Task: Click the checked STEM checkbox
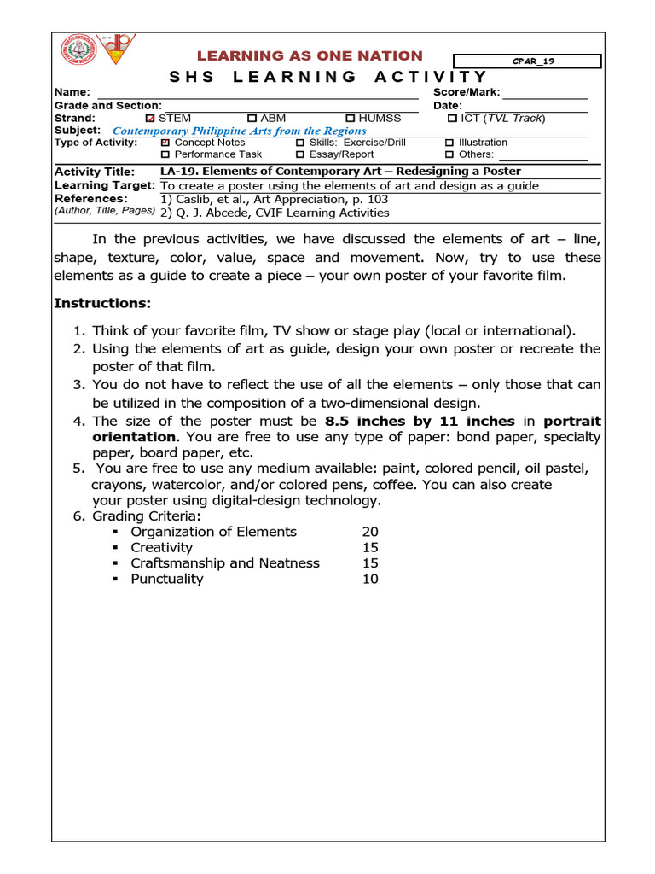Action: (151, 118)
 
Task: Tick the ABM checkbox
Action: (252, 118)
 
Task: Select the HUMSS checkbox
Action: (351, 118)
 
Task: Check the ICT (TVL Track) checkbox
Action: (452, 118)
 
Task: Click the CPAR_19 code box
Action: (526, 61)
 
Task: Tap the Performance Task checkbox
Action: (165, 154)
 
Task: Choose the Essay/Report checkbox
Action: (300, 154)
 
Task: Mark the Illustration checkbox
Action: (449, 143)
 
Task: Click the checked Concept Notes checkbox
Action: (165, 143)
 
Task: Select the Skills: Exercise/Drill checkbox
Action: (300, 143)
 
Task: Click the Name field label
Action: (72, 92)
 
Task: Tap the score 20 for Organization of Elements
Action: (370, 532)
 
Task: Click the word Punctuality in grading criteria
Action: (167, 579)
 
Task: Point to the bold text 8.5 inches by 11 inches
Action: (420, 422)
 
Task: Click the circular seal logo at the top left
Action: (78, 50)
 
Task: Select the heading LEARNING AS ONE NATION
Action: (310, 55)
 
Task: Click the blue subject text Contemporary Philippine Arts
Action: (240, 131)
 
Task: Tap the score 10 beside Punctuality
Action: (370, 579)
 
